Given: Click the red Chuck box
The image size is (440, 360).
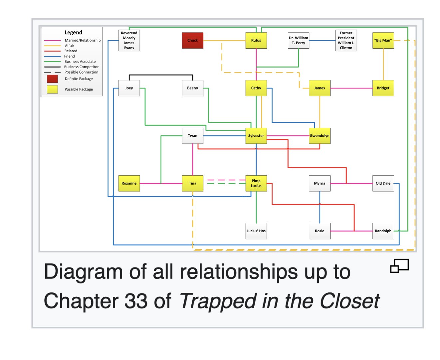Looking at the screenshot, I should (192, 40).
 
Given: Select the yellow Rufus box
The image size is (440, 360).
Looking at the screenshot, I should (256, 40).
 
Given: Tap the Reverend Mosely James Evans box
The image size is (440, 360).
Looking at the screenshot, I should (129, 40).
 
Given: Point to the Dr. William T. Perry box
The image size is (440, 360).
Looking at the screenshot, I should (298, 40).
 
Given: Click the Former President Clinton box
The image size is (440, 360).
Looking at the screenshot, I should (346, 40).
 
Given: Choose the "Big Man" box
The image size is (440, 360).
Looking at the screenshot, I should (383, 40).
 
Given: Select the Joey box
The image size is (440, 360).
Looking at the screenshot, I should (129, 88).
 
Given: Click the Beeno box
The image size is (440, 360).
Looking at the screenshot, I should (192, 88).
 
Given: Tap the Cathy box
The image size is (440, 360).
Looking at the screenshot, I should (256, 88).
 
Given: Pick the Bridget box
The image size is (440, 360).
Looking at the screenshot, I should (383, 88).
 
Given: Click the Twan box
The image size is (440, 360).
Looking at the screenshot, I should (192, 135).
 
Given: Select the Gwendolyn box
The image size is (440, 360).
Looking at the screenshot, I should (320, 135).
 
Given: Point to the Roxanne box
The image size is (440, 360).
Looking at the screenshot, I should (129, 183).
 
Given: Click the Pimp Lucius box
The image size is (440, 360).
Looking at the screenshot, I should (256, 183).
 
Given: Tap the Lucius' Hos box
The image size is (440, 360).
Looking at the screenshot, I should (256, 231).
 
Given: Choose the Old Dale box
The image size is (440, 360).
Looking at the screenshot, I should (383, 183).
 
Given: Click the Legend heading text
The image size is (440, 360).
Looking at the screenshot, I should (73, 32).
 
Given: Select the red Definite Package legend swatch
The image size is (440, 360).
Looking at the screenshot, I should (52, 79).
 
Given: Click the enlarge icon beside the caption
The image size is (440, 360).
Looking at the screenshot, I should (399, 266).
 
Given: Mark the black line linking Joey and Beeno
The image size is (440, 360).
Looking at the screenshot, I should (161, 75).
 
